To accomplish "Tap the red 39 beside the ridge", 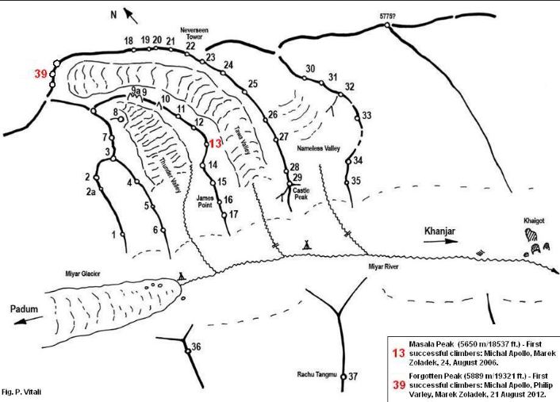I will (x=40, y=74).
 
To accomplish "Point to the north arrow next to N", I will (x=129, y=15).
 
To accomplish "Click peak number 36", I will (x=196, y=346).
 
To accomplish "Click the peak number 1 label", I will (x=114, y=235).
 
